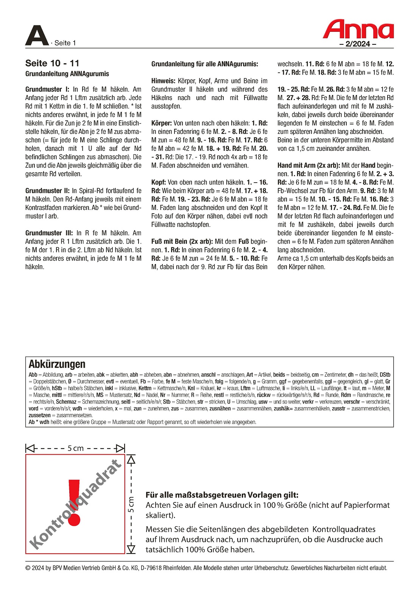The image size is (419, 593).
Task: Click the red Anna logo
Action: pos(358,30)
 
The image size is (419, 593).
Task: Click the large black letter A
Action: pos(37,36)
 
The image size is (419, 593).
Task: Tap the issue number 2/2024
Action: pos(358,44)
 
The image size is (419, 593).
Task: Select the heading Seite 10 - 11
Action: pos(52,63)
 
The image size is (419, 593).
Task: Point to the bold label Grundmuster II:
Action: pos(48,191)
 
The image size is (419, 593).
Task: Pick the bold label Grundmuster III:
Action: pos(49,233)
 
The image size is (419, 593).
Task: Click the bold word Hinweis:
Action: pos(163,81)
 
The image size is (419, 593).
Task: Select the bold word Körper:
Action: pos(162,123)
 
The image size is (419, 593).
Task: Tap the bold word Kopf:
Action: pos(159,182)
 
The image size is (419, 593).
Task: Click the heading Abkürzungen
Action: pos(57,365)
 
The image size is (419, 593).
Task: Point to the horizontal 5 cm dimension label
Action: pos(75,449)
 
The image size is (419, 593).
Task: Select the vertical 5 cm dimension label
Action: pos(131,504)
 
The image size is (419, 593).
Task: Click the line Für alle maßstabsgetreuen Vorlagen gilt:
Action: pos(222,495)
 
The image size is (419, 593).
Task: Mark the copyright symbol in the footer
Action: pos(28,568)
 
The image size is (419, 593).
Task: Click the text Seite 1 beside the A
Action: pos(65,43)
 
